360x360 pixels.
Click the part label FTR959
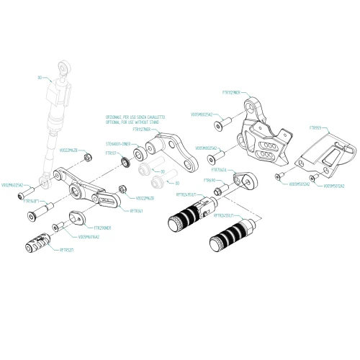coord(315,130)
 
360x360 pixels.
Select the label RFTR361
coord(135,211)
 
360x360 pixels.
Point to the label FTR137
coord(112,153)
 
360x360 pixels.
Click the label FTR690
coord(210,180)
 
